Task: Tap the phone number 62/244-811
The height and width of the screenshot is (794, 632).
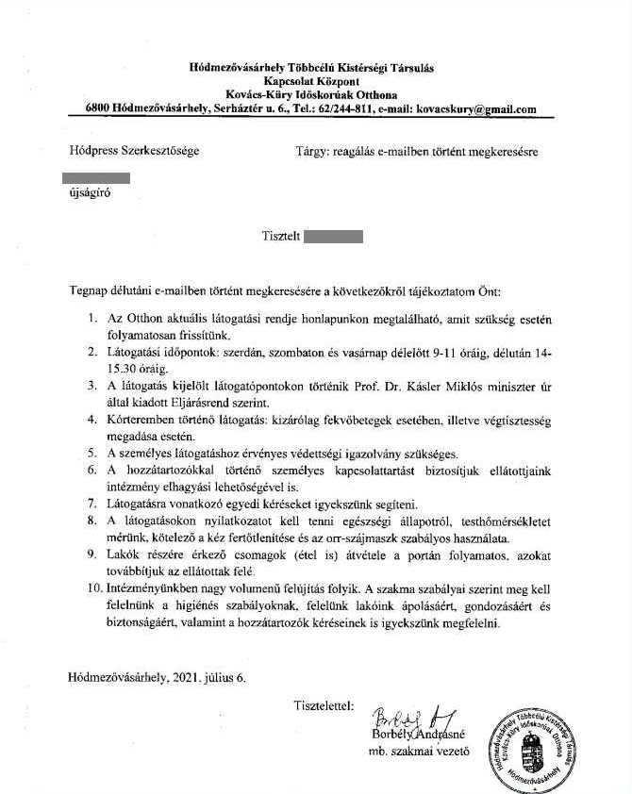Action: pyautogui.click(x=342, y=108)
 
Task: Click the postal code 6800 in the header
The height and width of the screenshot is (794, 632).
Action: pyautogui.click(x=97, y=108)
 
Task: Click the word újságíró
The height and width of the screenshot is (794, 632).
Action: pyautogui.click(x=83, y=198)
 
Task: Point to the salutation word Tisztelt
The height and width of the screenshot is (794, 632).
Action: pyautogui.click(x=279, y=237)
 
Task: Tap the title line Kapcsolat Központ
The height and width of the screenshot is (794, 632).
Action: pyautogui.click(x=306, y=82)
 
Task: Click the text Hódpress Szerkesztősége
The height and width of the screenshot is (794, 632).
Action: pyautogui.click(x=134, y=150)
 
